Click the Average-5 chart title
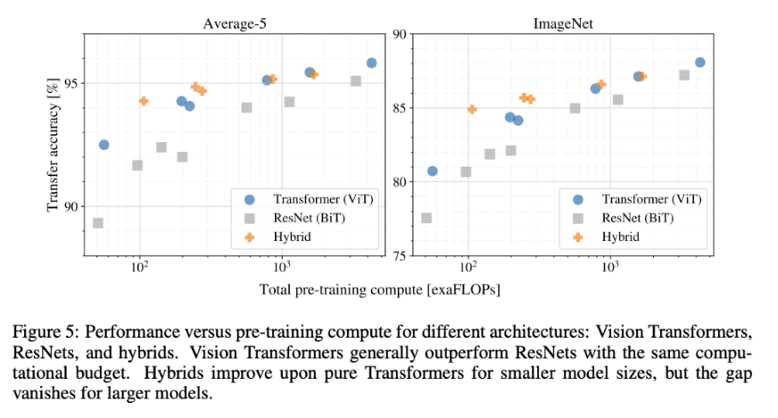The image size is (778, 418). (x=234, y=24)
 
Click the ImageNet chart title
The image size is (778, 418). (x=563, y=24)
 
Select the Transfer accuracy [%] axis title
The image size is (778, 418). (x=53, y=145)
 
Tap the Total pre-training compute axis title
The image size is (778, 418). (x=379, y=289)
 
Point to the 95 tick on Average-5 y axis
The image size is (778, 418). (x=71, y=83)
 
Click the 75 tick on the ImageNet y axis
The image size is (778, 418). (x=400, y=255)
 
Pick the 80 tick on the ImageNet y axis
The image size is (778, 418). (x=400, y=181)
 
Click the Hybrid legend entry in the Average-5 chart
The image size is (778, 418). (x=278, y=238)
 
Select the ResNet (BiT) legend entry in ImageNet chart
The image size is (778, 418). (x=623, y=219)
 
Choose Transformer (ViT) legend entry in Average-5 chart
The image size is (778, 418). (x=309, y=199)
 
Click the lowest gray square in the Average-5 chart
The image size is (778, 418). (x=98, y=223)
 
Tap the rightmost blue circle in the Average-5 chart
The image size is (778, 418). (x=372, y=63)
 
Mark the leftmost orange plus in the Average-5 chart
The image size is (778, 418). (x=144, y=101)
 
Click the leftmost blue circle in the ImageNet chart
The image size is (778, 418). (x=433, y=171)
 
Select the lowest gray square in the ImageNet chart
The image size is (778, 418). (x=426, y=219)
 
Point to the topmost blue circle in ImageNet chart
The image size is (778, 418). (x=700, y=63)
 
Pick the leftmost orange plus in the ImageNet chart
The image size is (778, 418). (x=472, y=109)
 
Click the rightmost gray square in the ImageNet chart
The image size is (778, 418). (x=684, y=75)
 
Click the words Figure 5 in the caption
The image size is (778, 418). (x=44, y=332)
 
